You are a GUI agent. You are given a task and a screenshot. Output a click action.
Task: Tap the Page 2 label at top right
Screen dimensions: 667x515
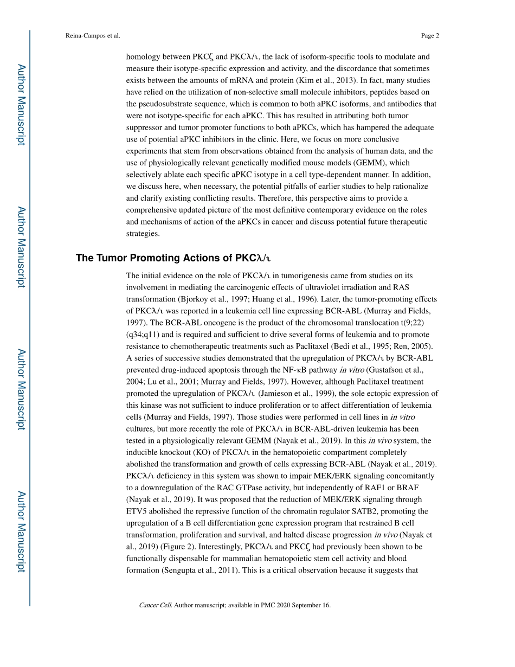click(x=430, y=36)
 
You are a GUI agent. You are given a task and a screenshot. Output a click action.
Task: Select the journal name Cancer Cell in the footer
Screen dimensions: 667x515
click(x=155, y=605)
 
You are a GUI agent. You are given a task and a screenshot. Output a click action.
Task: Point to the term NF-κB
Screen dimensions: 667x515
click(x=318, y=370)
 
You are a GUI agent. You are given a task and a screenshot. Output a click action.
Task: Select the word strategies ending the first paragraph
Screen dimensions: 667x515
click(x=143, y=234)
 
